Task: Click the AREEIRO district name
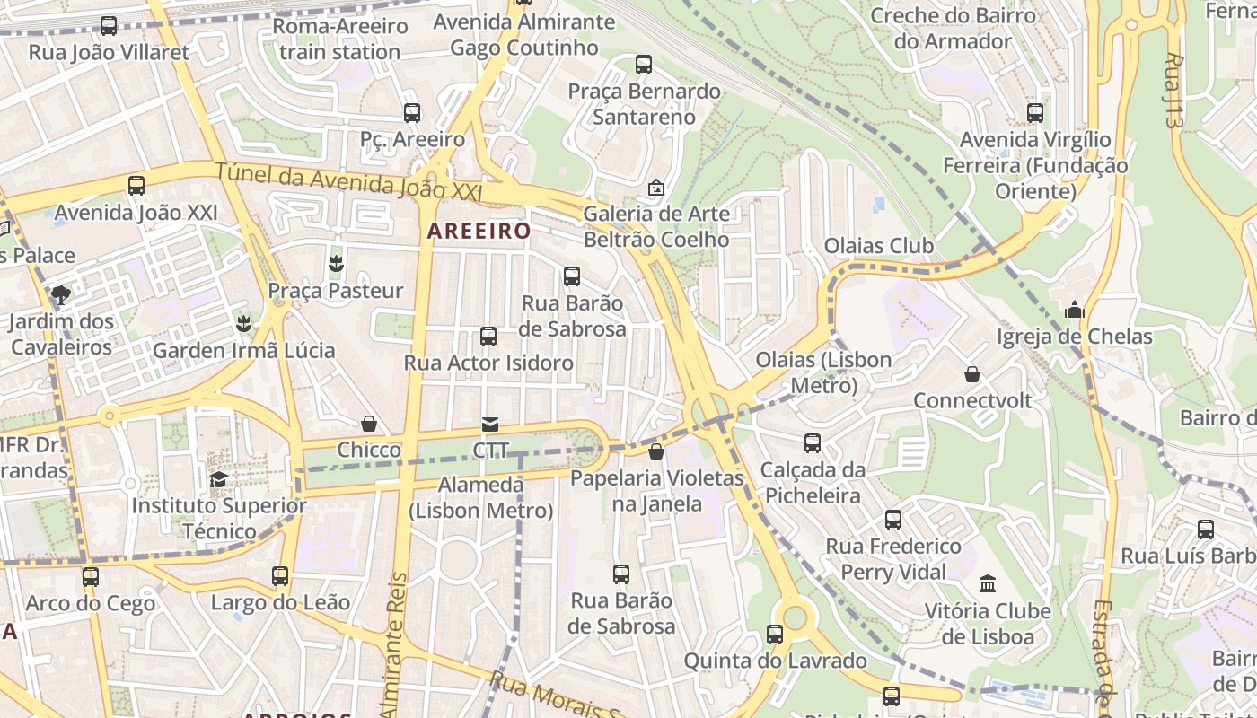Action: [x=479, y=231]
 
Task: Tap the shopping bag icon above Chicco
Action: [x=368, y=424]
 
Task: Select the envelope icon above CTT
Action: [x=490, y=425]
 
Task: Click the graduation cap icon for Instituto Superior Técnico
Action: [x=218, y=480]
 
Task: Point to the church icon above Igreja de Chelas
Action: [x=1075, y=311]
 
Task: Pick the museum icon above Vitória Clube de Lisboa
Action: [x=988, y=584]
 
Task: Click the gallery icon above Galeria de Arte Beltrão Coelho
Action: [x=656, y=188]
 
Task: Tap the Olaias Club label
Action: [x=878, y=246]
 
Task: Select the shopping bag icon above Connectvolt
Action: [x=972, y=374]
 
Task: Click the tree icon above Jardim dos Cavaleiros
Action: [x=61, y=294]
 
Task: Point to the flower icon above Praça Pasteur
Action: [x=337, y=264]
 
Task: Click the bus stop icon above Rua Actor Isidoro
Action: [x=488, y=337]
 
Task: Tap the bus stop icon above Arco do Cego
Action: [x=91, y=577]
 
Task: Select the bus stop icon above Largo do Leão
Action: [x=280, y=575]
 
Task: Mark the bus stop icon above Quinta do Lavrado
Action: [x=775, y=635]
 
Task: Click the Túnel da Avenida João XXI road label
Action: [x=348, y=181]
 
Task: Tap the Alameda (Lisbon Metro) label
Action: [x=480, y=498]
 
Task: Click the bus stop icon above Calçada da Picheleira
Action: [x=813, y=443]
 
